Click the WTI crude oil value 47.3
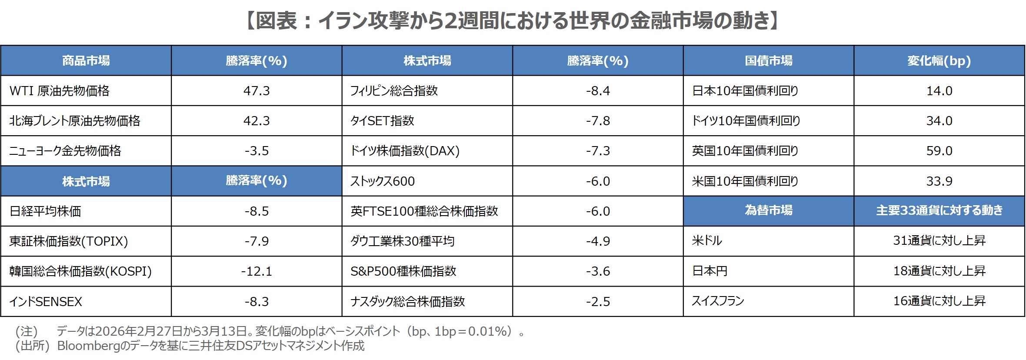tap(256, 91)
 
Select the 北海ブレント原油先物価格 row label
tap(75, 121)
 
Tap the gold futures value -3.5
tap(256, 151)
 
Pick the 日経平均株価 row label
tap(45, 211)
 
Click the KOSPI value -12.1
tap(256, 271)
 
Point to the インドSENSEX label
tap(46, 301)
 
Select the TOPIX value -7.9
tap(256, 241)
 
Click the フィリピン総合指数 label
tap(394, 91)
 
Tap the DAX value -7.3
tap(598, 151)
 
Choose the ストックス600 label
tap(383, 181)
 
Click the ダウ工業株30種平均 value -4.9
tap(598, 241)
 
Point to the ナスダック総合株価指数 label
tap(408, 301)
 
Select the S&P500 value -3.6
tap(598, 271)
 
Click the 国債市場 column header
tap(768, 60)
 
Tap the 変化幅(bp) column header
tap(939, 60)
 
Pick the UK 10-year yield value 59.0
tap(939, 151)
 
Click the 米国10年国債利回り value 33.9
tap(939, 181)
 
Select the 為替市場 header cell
tap(768, 210)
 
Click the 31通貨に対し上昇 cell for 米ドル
tap(939, 240)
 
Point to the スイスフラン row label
tap(718, 301)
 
